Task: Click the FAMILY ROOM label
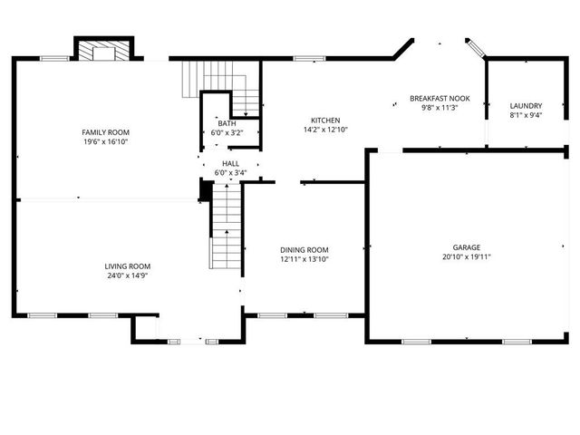coord(105,132)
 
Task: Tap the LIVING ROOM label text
coord(127,266)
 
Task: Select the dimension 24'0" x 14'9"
coord(127,275)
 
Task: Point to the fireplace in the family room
coord(104,52)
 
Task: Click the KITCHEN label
coord(325,121)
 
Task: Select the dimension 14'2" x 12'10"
coord(325,130)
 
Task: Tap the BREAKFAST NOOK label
coord(440,98)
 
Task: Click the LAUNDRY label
coord(526,105)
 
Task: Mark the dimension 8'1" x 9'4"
coord(526,114)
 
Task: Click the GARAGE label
coord(467,247)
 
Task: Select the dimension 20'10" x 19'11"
coord(467,256)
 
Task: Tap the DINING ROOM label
coord(304,250)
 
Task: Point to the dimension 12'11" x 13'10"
coord(304,259)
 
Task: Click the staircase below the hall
coord(227,227)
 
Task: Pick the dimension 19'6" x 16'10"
coord(105,141)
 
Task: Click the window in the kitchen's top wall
coord(309,59)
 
